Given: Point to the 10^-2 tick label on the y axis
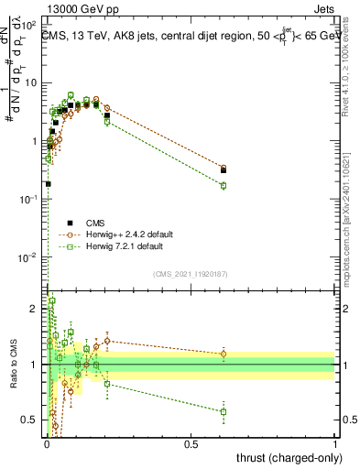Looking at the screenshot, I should (x=31, y=257).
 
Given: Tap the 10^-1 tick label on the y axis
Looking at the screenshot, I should (x=31, y=199).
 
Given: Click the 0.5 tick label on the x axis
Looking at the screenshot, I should (x=191, y=444).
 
